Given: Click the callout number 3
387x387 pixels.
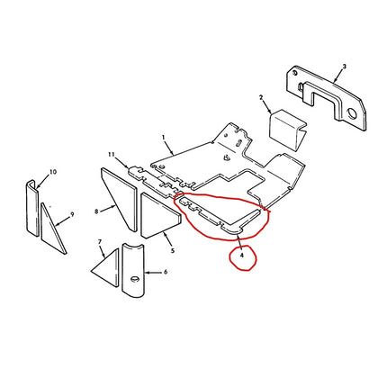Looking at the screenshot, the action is pos(345,67).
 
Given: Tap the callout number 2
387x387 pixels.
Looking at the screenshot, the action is pos(261,97).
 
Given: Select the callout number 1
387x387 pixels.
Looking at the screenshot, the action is pos(164,137).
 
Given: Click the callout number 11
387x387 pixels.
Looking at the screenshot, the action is pos(112,154).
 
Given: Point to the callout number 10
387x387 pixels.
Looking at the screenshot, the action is pos(53,172).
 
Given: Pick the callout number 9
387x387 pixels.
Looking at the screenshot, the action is pos(72,214).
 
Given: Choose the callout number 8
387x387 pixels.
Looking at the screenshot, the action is pos(96,211).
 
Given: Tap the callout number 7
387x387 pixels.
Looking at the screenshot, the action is pos(100,241).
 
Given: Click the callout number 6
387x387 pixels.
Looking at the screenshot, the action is pos(166,272).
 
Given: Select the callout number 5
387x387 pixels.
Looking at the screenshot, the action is pos(173,251).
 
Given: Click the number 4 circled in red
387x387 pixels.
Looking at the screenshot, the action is pos(242,256).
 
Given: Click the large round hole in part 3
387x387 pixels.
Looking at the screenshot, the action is pos(351,112).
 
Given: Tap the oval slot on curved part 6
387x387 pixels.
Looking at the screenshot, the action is pos(135,279).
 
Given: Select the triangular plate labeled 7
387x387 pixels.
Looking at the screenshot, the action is pos(105,268).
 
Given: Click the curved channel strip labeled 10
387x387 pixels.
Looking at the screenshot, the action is pos(31,208).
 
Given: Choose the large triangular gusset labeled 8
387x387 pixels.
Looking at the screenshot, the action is pos(120,199).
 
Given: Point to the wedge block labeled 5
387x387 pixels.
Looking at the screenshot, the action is pos(160,216).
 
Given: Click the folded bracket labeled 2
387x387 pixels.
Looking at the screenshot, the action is pos(287,129).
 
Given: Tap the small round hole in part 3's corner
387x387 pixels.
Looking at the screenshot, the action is pos(296,73).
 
